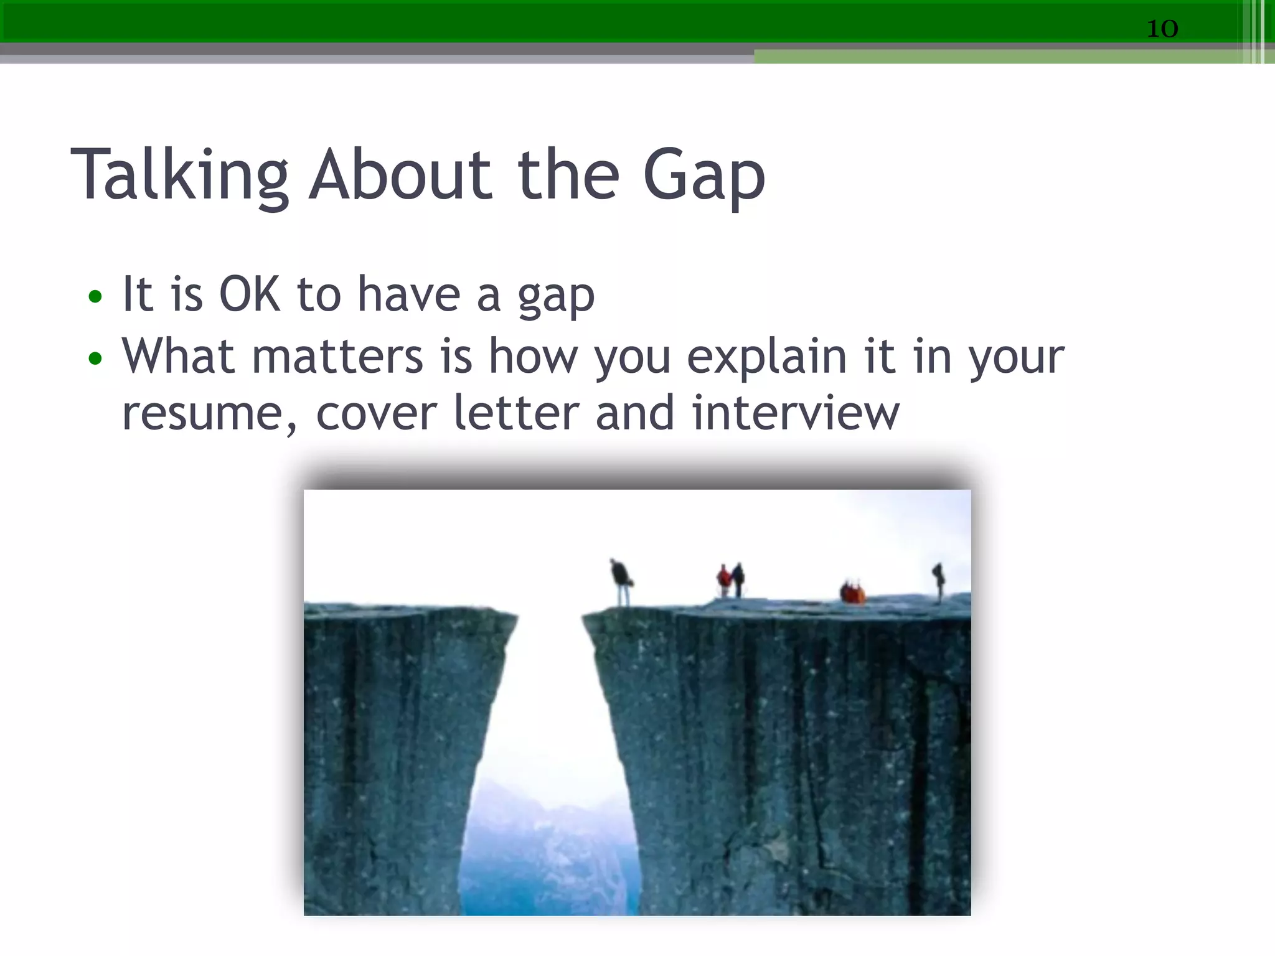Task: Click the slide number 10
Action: (x=1162, y=29)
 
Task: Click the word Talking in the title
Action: (x=180, y=176)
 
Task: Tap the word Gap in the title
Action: (x=703, y=177)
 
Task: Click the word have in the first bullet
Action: (x=408, y=294)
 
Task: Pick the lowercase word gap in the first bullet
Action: (x=556, y=298)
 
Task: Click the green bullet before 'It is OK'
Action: (x=95, y=296)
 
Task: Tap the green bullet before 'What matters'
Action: (x=95, y=358)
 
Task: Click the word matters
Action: (x=337, y=357)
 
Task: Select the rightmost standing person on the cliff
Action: (x=938, y=581)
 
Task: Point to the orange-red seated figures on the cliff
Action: (x=852, y=592)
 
